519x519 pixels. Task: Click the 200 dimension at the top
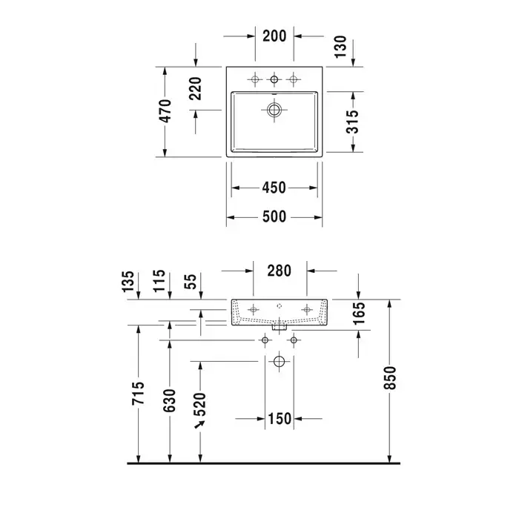pyautogui.click(x=274, y=36)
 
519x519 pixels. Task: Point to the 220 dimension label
pyautogui.click(x=196, y=89)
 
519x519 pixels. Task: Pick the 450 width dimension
pyautogui.click(x=274, y=188)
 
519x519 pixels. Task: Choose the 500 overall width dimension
pyautogui.click(x=274, y=216)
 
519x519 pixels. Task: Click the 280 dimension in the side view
pyautogui.click(x=279, y=270)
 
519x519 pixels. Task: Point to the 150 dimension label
pyautogui.click(x=280, y=420)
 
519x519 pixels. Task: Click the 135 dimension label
pyautogui.click(x=127, y=282)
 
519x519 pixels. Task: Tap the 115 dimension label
pyautogui.click(x=158, y=282)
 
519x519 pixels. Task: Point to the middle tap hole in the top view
pyautogui.click(x=274, y=79)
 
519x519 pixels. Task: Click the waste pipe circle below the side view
pyautogui.click(x=279, y=362)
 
